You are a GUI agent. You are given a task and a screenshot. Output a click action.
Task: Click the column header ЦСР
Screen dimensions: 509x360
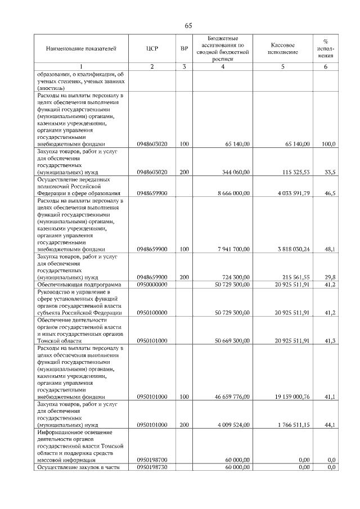point(152,48)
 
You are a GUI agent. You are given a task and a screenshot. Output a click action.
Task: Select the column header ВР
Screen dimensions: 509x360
point(184,48)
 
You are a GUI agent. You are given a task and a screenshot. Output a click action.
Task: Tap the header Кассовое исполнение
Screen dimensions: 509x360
point(282,48)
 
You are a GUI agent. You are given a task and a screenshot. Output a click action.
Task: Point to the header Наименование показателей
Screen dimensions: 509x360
point(81,48)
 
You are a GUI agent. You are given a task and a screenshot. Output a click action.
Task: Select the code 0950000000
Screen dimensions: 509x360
point(152,285)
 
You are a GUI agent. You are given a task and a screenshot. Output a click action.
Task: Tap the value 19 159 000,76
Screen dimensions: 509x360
point(289,397)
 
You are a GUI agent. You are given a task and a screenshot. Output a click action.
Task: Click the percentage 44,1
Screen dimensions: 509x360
point(331,425)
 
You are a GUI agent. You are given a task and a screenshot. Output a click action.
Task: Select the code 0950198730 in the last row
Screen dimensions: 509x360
point(152,467)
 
